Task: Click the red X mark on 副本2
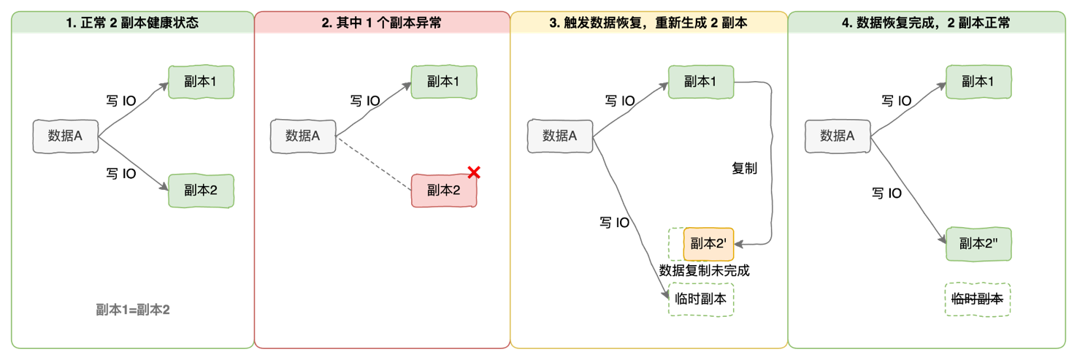pyautogui.click(x=473, y=173)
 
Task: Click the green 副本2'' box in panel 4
pyautogui.click(x=978, y=244)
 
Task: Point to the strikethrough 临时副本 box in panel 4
pyautogui.click(x=978, y=299)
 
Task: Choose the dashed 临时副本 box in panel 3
pyautogui.click(x=701, y=299)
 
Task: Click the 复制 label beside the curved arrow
pyautogui.click(x=744, y=169)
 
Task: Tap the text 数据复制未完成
pyautogui.click(x=704, y=270)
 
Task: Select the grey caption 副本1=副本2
pyautogui.click(x=133, y=310)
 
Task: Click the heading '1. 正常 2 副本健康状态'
pyautogui.click(x=132, y=23)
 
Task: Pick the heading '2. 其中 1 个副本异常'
pyautogui.click(x=381, y=23)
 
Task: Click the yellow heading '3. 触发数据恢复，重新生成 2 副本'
pyautogui.click(x=648, y=23)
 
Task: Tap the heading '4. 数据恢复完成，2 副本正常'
pyautogui.click(x=926, y=23)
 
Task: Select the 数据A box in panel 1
pyautogui.click(x=65, y=136)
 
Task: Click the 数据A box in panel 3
pyautogui.click(x=560, y=136)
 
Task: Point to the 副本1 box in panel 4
pyautogui.click(x=978, y=81)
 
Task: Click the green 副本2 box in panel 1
pyautogui.click(x=201, y=191)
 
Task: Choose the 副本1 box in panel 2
pyautogui.click(x=444, y=81)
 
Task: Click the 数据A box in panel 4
pyautogui.click(x=838, y=136)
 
